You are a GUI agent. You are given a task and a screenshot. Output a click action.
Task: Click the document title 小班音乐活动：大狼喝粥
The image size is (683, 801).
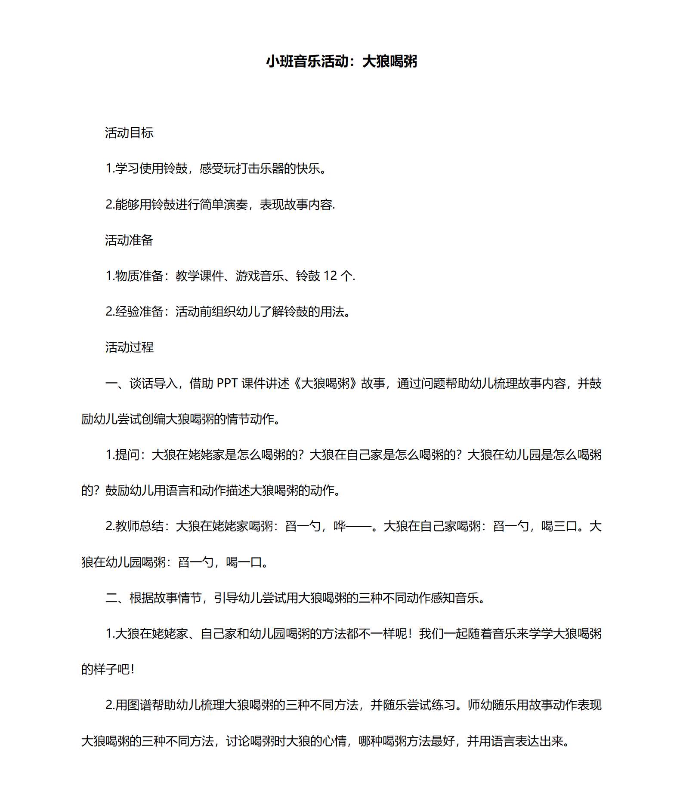[341, 61]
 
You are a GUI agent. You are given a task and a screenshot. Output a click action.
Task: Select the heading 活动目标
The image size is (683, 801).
[129, 133]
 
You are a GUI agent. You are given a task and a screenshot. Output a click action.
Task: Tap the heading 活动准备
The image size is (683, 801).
[129, 240]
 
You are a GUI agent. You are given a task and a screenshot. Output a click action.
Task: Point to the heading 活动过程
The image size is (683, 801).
[129, 347]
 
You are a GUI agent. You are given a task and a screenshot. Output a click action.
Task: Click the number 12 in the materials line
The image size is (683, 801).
[330, 276]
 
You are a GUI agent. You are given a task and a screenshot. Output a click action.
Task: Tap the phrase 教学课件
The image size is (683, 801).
[199, 276]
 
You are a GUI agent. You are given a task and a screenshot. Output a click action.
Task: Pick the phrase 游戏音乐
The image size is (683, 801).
[260, 276]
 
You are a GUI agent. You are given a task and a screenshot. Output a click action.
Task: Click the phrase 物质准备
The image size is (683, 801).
[139, 276]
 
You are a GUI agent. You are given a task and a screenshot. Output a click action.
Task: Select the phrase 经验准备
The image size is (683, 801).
[139, 312]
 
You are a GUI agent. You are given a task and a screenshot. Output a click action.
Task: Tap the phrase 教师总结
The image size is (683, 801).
[139, 526]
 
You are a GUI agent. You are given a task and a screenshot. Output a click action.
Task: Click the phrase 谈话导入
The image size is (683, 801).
[153, 383]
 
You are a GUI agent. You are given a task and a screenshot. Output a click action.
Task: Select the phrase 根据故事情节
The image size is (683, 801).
[165, 598]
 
